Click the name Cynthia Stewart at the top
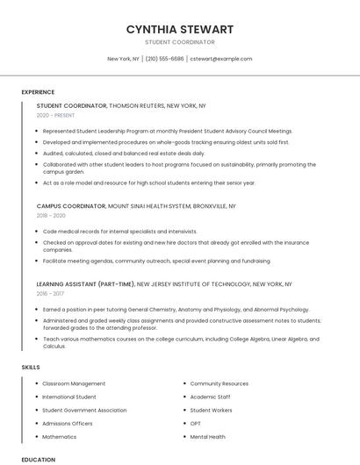pyautogui.click(x=179, y=29)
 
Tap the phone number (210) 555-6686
pyautogui.click(x=164, y=59)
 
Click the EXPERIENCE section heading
pyautogui.click(x=38, y=92)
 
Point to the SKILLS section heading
pyautogui.click(x=31, y=368)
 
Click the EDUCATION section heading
pyautogui.click(x=38, y=459)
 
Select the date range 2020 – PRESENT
pyautogui.click(x=55, y=115)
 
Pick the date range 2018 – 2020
pyautogui.click(x=51, y=215)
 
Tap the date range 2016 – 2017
pyautogui.click(x=50, y=294)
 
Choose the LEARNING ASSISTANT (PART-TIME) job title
pyautogui.click(x=85, y=284)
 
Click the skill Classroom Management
pyautogui.click(x=74, y=383)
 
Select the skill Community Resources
pyautogui.click(x=219, y=383)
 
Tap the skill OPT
pyautogui.click(x=196, y=423)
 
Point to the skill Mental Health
pyautogui.click(x=207, y=436)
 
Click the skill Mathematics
pyautogui.click(x=60, y=436)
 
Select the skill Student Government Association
pyautogui.click(x=84, y=410)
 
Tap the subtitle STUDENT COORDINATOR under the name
pyautogui.click(x=179, y=42)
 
